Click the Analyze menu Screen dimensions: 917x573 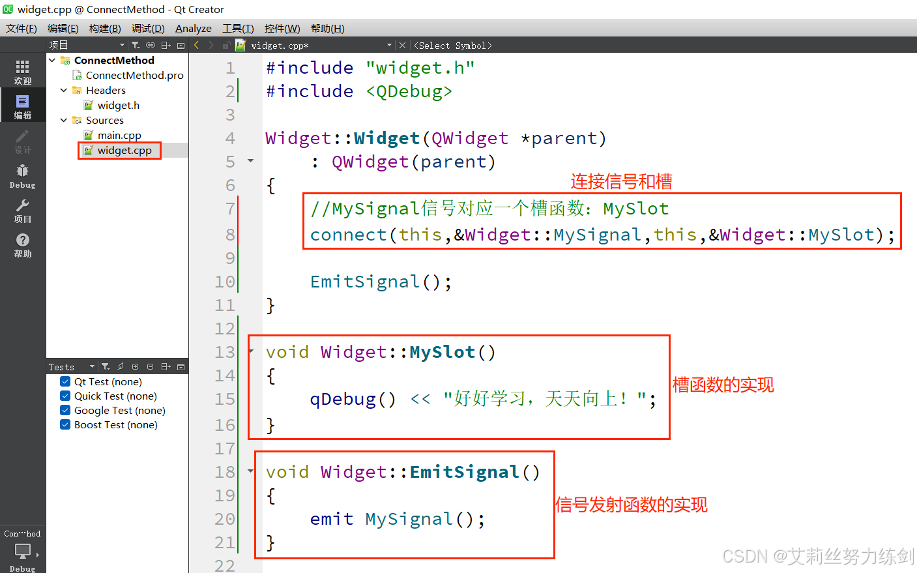pyautogui.click(x=193, y=29)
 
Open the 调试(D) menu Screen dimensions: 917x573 pyautogui.click(x=148, y=29)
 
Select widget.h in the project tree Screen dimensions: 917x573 pyautogui.click(x=118, y=106)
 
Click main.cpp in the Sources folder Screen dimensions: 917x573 pyautogui.click(x=119, y=136)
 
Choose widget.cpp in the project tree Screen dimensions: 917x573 pyautogui.click(x=124, y=151)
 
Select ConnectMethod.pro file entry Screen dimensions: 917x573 pyautogui.click(x=134, y=76)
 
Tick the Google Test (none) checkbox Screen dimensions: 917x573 pyautogui.click(x=65, y=411)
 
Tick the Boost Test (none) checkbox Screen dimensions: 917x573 pyautogui.click(x=65, y=425)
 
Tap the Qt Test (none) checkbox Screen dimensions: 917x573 pyautogui.click(x=65, y=382)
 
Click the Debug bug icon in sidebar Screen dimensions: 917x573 pyautogui.click(x=23, y=171)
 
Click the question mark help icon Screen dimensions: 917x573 pyautogui.click(x=23, y=241)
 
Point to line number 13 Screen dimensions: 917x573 pyautogui.click(x=225, y=353)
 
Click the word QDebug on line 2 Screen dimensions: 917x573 pyautogui.click(x=409, y=92)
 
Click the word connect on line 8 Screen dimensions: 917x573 pyautogui.click(x=348, y=235)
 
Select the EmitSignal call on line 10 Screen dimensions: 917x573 pyautogui.click(x=364, y=282)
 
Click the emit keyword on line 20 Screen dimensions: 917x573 pyautogui.click(x=332, y=520)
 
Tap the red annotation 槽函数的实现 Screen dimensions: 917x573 pyautogui.click(x=723, y=385)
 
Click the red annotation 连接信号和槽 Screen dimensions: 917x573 pyautogui.click(x=621, y=182)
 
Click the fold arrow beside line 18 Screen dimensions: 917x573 pyautogui.click(x=251, y=471)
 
